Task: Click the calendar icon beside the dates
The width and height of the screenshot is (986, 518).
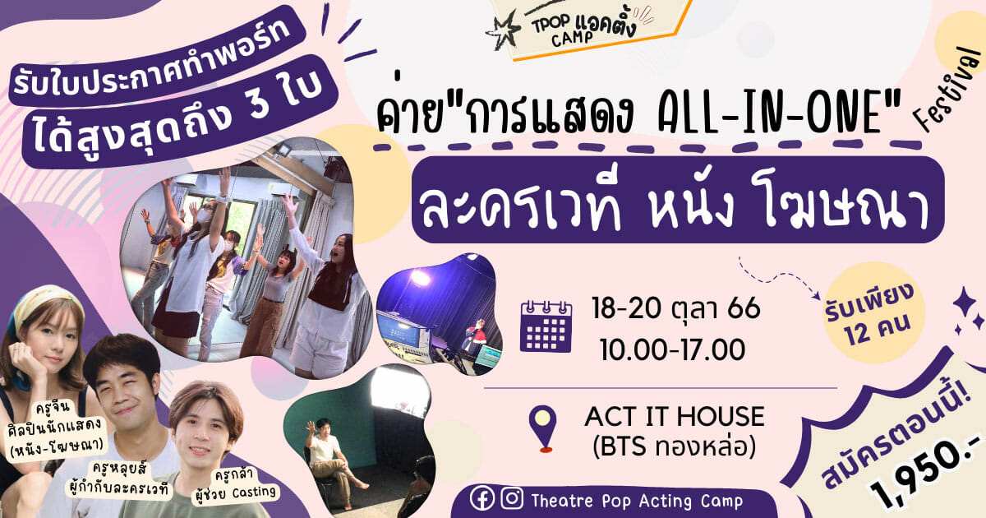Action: (x=546, y=326)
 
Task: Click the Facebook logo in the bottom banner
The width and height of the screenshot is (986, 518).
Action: (x=482, y=498)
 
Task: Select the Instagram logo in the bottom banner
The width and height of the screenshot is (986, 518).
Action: (x=512, y=498)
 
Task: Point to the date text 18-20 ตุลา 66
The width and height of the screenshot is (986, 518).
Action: (x=676, y=309)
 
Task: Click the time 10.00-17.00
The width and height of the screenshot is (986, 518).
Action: (x=672, y=349)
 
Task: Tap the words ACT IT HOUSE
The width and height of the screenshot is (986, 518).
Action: (x=675, y=416)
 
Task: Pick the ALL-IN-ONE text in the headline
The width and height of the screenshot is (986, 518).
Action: (x=772, y=113)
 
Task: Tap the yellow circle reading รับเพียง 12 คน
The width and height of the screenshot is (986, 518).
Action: (x=873, y=312)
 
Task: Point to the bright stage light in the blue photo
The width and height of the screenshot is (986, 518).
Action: (x=420, y=278)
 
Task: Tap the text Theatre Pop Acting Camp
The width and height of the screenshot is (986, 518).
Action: (x=637, y=501)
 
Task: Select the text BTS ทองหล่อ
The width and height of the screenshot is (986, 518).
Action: (x=675, y=446)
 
